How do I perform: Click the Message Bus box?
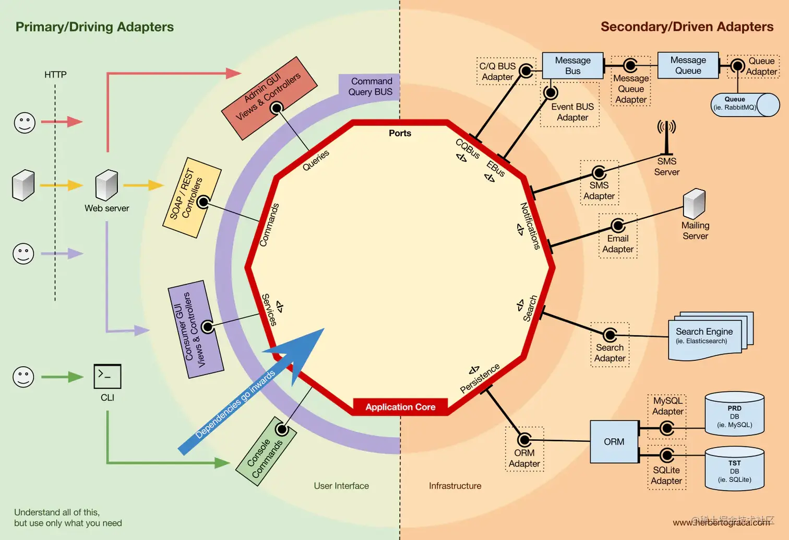[572, 66]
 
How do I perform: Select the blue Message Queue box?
[688, 66]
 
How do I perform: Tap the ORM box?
[614, 442]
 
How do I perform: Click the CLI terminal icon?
[107, 376]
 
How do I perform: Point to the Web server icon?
[106, 184]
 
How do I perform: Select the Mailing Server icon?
[695, 204]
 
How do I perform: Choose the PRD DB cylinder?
[734, 415]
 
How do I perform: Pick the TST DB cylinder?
[734, 469]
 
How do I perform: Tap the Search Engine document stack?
[710, 336]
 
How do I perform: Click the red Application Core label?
[400, 407]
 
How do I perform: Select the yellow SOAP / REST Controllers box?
[192, 197]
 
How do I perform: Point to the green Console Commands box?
[266, 451]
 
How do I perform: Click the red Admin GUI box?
[269, 98]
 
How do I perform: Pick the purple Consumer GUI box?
[196, 329]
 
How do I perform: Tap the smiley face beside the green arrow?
[23, 377]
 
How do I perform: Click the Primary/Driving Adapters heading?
[94, 27]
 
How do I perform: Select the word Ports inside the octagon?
[400, 133]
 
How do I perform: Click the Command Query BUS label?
[370, 87]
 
